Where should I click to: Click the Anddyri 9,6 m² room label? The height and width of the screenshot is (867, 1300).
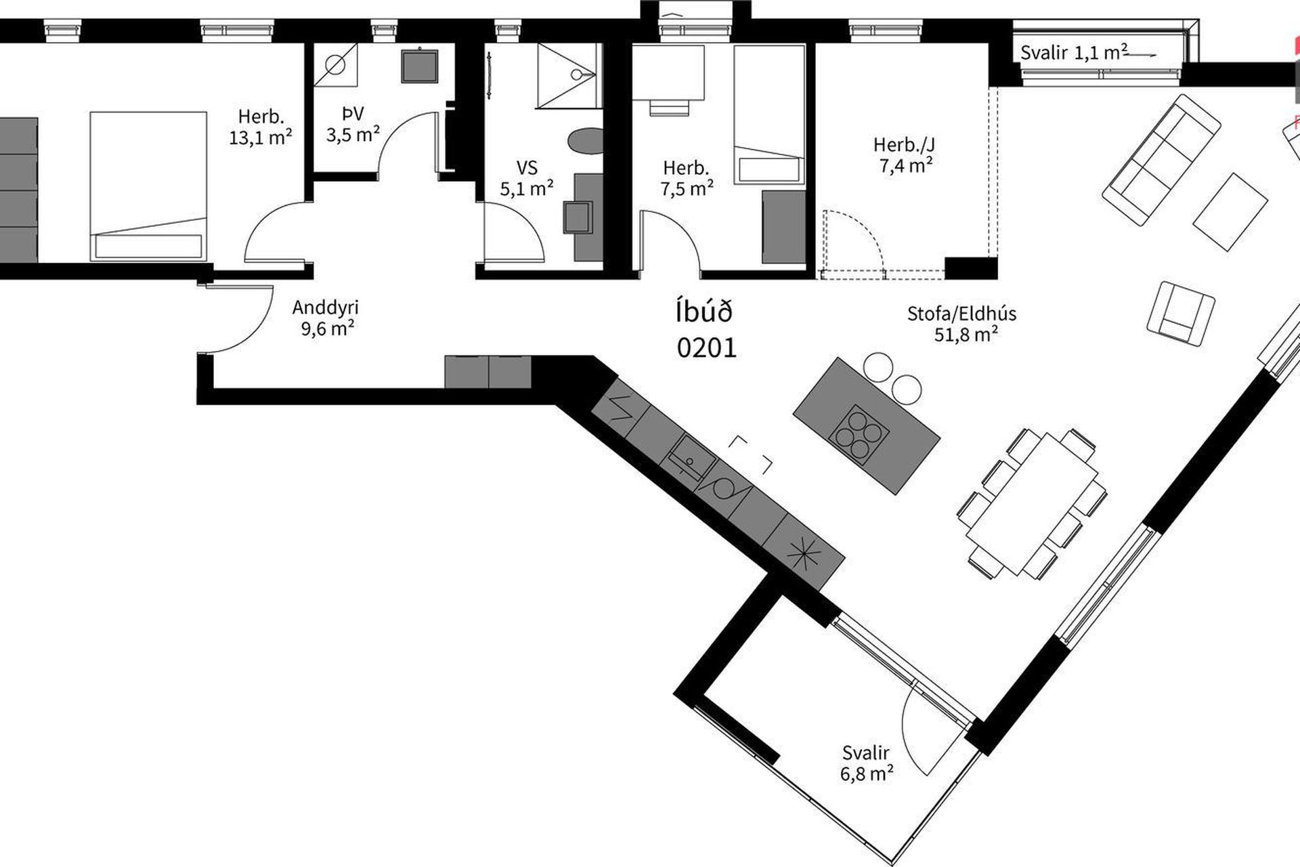click(325, 318)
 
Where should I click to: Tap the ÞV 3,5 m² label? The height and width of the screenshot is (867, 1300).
click(353, 123)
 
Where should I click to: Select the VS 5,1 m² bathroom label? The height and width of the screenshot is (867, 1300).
click(527, 177)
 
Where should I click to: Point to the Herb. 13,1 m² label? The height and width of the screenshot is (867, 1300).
click(261, 127)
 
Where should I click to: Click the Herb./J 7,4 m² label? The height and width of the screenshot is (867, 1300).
click(906, 154)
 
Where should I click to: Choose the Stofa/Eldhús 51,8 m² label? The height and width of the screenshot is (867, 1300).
click(962, 324)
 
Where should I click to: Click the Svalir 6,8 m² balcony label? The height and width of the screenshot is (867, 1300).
click(867, 763)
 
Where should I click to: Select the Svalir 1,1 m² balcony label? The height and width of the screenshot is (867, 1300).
click(1074, 53)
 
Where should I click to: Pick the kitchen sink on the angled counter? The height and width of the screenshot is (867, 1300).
click(692, 458)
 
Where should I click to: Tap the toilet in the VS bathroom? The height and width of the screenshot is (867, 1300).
click(585, 142)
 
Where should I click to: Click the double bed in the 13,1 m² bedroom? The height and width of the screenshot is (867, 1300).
click(148, 186)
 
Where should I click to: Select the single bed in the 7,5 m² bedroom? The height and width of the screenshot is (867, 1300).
click(769, 114)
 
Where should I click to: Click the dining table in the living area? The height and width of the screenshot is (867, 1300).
click(1033, 503)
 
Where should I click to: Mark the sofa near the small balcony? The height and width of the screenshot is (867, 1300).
click(1161, 160)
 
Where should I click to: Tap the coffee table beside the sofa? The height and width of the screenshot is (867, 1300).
click(1230, 212)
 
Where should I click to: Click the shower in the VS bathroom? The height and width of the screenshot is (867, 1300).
click(569, 76)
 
